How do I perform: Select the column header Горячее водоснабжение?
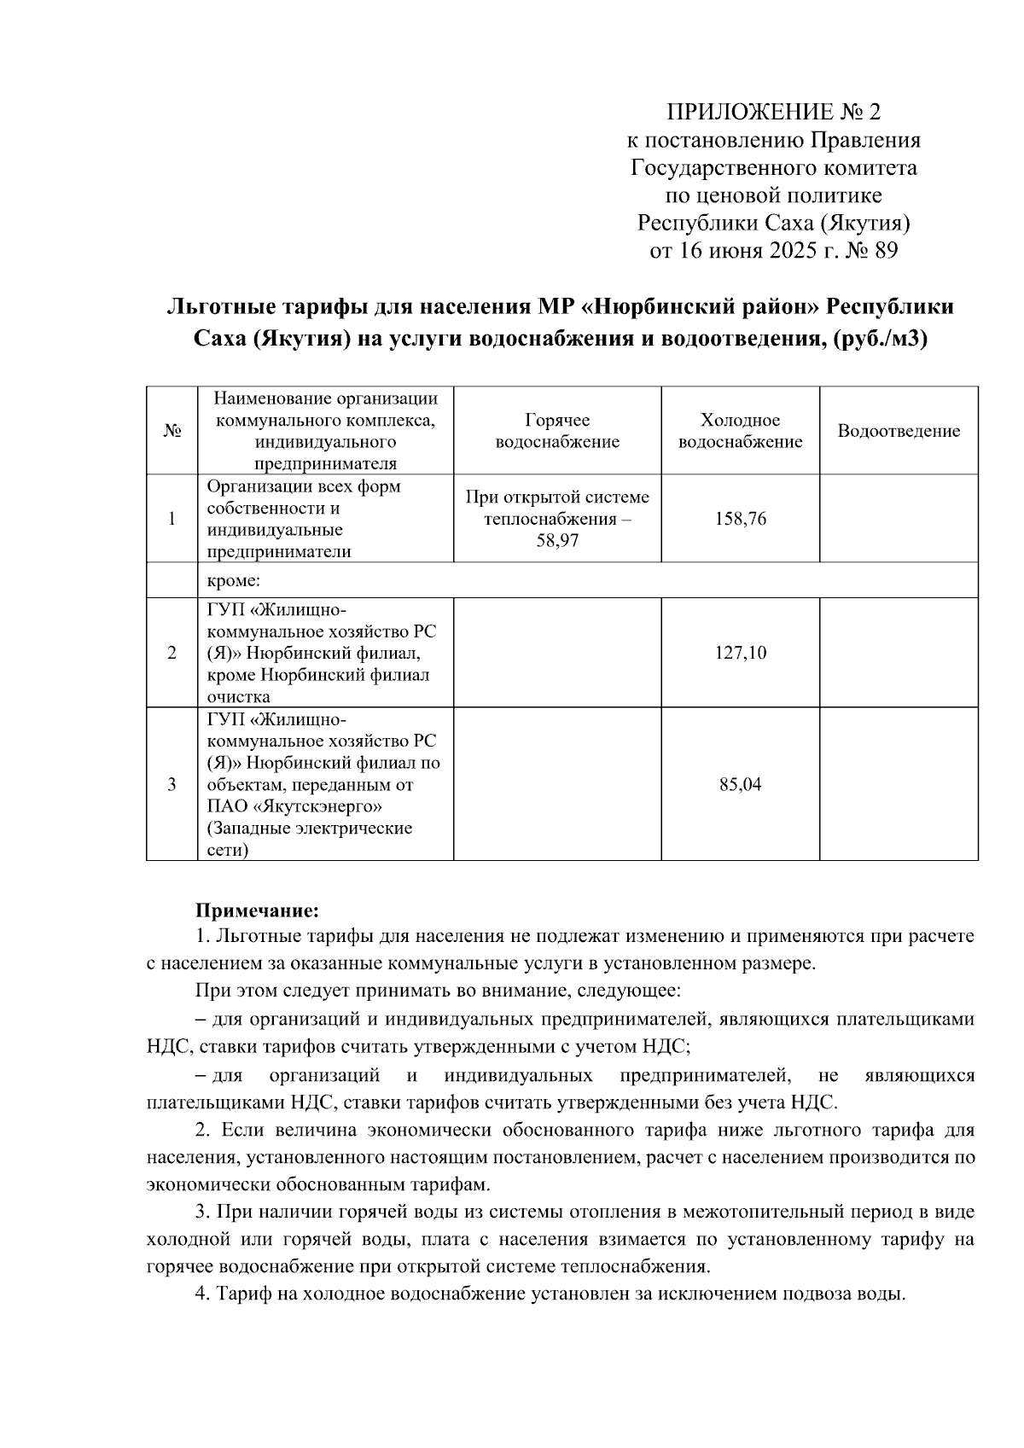[x=557, y=431]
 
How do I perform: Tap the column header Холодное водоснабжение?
[x=740, y=431]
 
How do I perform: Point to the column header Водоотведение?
[x=899, y=431]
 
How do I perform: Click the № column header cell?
[x=172, y=431]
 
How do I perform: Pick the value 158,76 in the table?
[x=740, y=519]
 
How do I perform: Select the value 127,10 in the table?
[x=740, y=653]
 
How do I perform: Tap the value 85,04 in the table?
[x=740, y=784]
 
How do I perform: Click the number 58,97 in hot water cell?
[x=557, y=541]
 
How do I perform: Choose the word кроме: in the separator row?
[x=233, y=581]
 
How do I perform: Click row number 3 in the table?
[x=172, y=784]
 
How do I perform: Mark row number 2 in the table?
[x=172, y=653]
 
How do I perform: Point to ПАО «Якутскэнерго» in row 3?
[x=294, y=806]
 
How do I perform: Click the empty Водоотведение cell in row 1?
[x=899, y=519]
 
